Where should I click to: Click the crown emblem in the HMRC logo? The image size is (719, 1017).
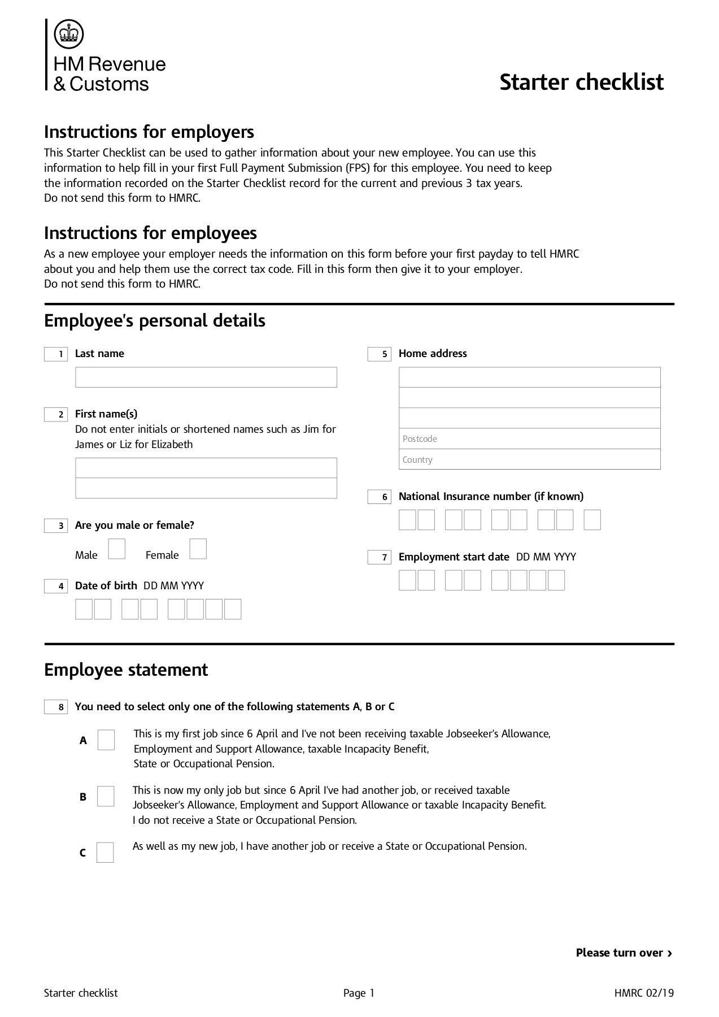click(x=68, y=34)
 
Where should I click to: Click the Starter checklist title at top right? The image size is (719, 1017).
click(x=581, y=82)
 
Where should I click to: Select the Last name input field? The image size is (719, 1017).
click(x=206, y=377)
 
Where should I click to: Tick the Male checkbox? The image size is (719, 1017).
click(x=116, y=549)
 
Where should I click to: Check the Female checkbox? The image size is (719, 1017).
click(x=198, y=549)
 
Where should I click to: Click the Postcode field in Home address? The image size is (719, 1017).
click(x=529, y=439)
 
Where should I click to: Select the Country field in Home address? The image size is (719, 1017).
click(x=529, y=459)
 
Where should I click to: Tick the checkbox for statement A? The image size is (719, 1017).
click(x=106, y=740)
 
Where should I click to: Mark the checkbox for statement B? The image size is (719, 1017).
click(x=106, y=796)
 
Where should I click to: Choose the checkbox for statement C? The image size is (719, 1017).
click(x=105, y=852)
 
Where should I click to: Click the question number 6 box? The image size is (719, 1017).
click(x=380, y=497)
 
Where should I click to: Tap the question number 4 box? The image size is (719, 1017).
click(x=56, y=586)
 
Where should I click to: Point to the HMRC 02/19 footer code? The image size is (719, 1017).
click(x=644, y=993)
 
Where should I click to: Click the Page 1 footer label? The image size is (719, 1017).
click(x=359, y=993)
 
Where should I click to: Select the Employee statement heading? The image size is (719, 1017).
click(x=126, y=670)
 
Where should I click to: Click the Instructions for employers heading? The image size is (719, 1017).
click(x=149, y=132)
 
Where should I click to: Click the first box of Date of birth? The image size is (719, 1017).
click(x=84, y=609)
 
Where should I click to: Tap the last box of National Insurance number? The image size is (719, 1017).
click(x=592, y=520)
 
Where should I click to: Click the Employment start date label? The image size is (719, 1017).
click(x=454, y=557)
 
